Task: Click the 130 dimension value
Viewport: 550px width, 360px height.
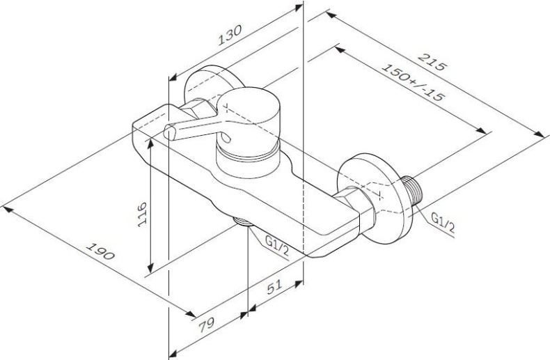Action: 230,36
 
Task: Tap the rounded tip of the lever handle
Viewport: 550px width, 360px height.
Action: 169,132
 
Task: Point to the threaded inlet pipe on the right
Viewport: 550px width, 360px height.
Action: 412,194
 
